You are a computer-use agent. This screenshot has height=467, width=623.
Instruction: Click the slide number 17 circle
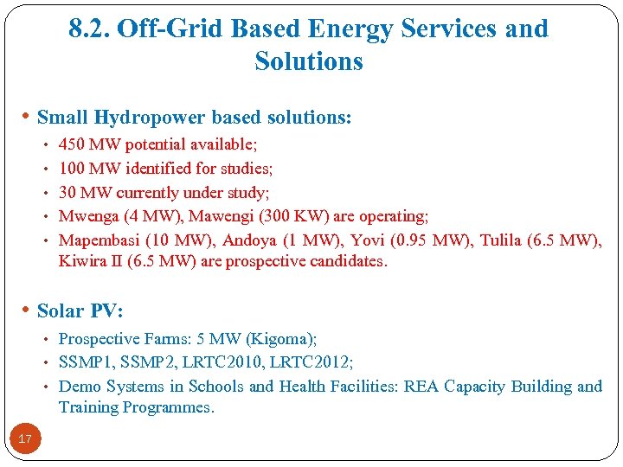click(x=25, y=439)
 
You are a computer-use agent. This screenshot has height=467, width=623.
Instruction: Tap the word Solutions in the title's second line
click(x=309, y=61)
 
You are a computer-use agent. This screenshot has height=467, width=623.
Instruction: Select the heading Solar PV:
click(x=80, y=310)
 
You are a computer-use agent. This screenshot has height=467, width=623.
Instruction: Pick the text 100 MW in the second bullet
click(x=86, y=169)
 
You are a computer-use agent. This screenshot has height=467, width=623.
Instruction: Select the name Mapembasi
click(x=94, y=240)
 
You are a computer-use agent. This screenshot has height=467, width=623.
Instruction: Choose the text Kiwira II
click(x=90, y=261)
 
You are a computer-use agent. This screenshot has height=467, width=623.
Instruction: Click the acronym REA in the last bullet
click(x=424, y=387)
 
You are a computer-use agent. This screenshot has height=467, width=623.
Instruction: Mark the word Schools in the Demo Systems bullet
click(x=216, y=387)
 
